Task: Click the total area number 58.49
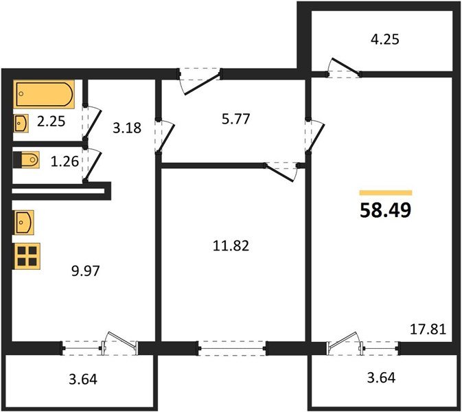coord(385,210)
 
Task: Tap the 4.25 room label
coord(385,39)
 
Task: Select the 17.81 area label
coord(428,329)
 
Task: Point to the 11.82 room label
coord(231,246)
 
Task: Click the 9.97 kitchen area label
coord(86,271)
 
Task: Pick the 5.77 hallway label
coord(235,119)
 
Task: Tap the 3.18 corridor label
coord(127,128)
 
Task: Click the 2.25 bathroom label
coord(51,121)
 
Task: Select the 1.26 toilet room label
coord(65,161)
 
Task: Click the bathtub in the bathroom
coord(44,94)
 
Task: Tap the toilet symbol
coord(26,160)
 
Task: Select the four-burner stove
coord(26,256)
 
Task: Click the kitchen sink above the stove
coord(23,222)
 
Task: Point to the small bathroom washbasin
coord(21,123)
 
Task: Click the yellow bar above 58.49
coord(386,193)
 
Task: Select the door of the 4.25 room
coord(343,67)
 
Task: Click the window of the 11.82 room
coord(233,349)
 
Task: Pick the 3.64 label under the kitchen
coord(83,379)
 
